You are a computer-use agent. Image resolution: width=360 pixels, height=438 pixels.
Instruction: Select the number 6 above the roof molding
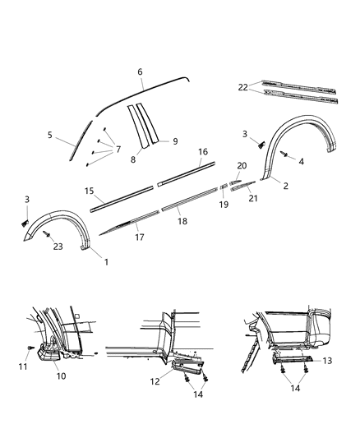click(x=141, y=72)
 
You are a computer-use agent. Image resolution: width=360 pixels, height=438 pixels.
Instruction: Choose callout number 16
click(x=202, y=152)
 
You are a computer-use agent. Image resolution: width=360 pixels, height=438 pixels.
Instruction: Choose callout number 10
click(x=60, y=376)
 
